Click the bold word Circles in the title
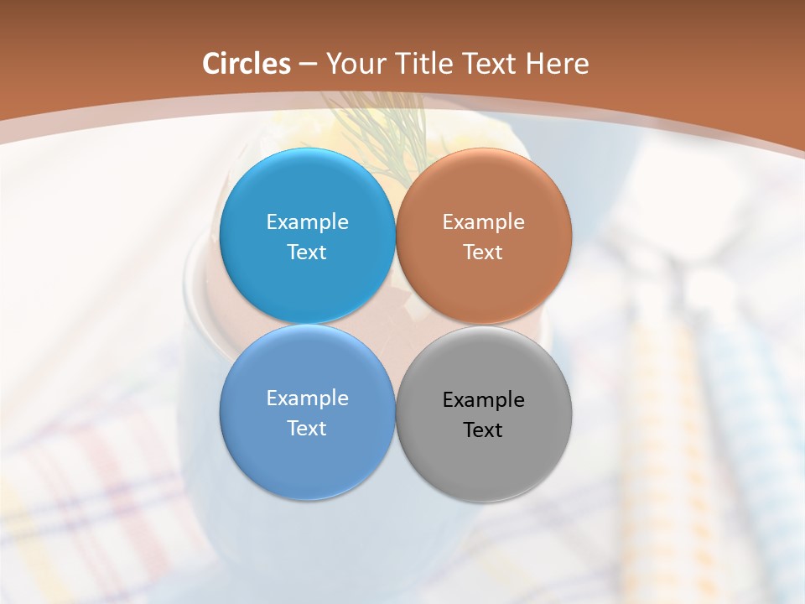point(246,64)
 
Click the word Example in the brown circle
point(483,221)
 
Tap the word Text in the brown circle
point(483,252)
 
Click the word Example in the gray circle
point(483,399)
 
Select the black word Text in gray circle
point(483,430)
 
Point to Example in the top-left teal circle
point(307,221)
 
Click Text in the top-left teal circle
point(307,252)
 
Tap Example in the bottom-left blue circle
point(307,398)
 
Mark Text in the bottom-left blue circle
point(307,428)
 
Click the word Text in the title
point(488,64)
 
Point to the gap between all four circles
point(395,324)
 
